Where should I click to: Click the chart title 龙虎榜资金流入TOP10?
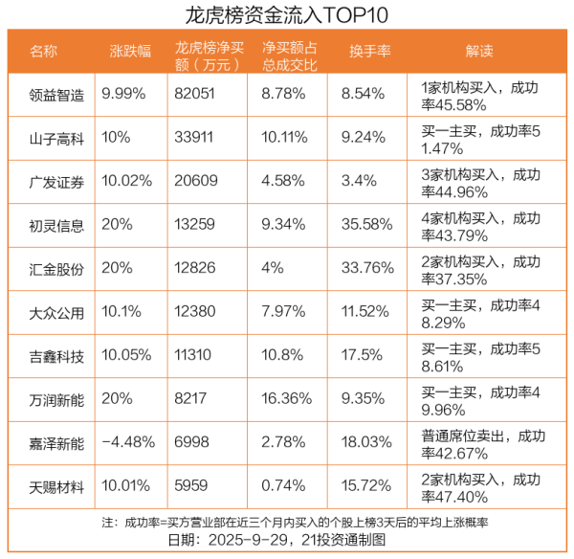point(287,16)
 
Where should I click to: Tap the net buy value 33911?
point(194,138)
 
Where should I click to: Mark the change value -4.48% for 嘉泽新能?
point(128,444)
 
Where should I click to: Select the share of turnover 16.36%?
point(285,400)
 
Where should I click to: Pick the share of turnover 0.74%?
point(281,488)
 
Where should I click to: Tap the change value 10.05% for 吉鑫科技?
point(125,357)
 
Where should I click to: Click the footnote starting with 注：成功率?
point(287,524)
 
